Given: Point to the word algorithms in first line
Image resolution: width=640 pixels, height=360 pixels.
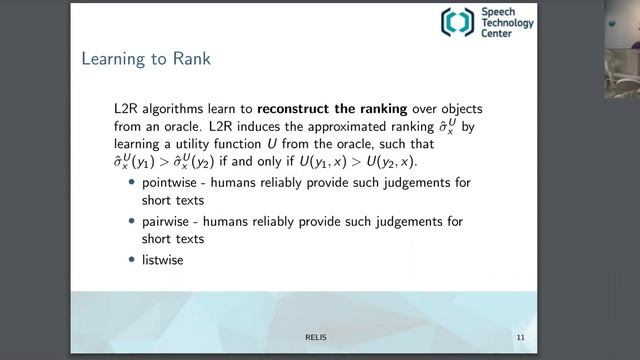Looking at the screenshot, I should click(x=175, y=107).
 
